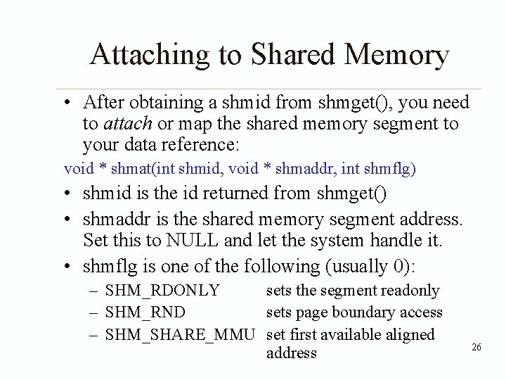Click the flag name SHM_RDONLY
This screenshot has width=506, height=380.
162,290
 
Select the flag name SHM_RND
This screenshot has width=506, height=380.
145,312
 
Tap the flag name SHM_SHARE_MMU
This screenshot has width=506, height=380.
179,334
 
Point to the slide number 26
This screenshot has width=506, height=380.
476,347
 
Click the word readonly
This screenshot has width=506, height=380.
408,290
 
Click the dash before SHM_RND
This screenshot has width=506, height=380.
93,312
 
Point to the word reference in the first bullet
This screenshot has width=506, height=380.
200,146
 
